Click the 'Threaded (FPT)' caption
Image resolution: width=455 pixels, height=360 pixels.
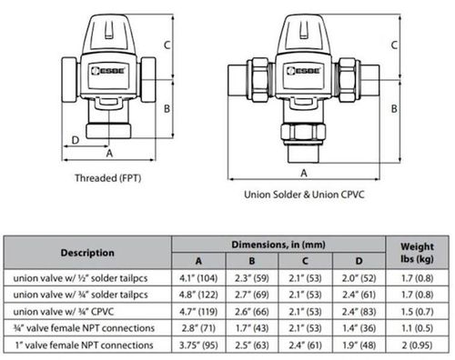(108, 178)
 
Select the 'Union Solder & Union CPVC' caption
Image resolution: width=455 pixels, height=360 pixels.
(304, 195)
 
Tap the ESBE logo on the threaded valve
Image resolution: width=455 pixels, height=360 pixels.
(108, 71)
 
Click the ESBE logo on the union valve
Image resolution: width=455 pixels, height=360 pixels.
(303, 71)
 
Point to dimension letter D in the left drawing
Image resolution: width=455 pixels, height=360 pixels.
(76, 140)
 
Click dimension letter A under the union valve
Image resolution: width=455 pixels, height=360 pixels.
(304, 173)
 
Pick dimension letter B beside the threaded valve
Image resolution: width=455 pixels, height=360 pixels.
(167, 108)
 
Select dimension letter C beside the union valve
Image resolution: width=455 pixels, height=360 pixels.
(394, 45)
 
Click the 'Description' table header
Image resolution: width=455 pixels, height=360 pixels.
(87, 253)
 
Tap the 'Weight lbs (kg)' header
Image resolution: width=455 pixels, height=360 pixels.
(417, 253)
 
